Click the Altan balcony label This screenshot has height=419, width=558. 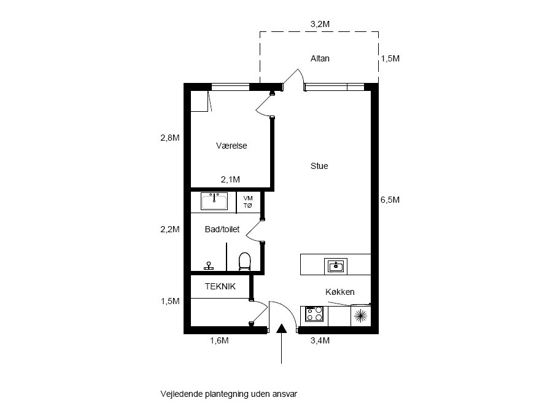[x=320, y=58]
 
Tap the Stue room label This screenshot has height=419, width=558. [x=319, y=166]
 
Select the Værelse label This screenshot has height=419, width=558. [x=231, y=146]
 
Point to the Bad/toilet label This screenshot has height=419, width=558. [x=222, y=229]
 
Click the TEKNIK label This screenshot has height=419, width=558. [x=220, y=286]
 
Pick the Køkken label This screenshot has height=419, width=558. [x=340, y=292]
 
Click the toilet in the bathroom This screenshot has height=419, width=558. [x=244, y=261]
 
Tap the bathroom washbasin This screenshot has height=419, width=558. [x=214, y=202]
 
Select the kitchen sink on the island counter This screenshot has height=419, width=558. [x=336, y=266]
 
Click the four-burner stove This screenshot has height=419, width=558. [x=314, y=315]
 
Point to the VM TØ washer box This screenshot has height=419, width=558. [x=248, y=202]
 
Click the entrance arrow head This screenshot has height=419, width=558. [x=282, y=328]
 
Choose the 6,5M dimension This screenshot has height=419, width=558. [x=390, y=200]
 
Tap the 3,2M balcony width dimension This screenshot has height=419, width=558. [x=320, y=24]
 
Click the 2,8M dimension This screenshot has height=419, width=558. [x=170, y=138]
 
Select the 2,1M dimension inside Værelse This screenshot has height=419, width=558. [x=230, y=179]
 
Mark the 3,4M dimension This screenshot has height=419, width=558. [x=320, y=340]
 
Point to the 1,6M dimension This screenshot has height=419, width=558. [x=219, y=340]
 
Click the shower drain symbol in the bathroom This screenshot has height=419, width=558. [x=209, y=266]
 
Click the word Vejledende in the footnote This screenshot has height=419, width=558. [x=182, y=394]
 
